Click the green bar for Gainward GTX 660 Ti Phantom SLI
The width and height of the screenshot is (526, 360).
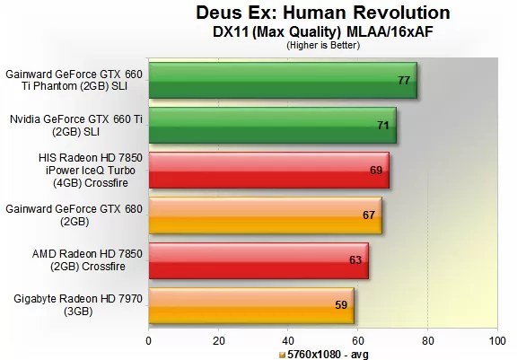pos(282,80)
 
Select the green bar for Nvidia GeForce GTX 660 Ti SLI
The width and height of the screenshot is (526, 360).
pos(272,125)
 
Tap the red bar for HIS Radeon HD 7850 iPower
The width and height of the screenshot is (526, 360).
pos(268,170)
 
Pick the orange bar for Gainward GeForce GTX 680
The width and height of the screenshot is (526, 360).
pos(265,215)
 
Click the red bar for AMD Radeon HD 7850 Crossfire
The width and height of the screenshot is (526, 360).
pos(258,259)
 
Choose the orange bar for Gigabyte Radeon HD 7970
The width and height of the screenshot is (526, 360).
pos(250,304)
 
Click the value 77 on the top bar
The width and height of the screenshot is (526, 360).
pos(404,81)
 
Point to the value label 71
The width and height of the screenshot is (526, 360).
pos(383,126)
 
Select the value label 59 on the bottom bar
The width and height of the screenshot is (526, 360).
pos(341,305)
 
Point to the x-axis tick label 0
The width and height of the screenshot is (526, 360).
pos(149,341)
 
